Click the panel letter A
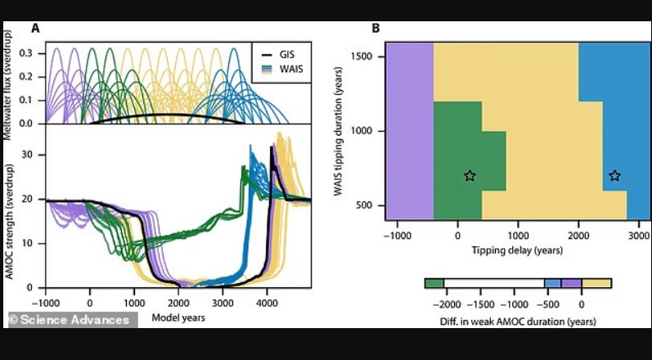(35, 29)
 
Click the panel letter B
(376, 29)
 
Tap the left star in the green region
(470, 175)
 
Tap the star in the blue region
(614, 175)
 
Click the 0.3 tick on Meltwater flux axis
(29, 52)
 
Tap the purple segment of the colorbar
(572, 283)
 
